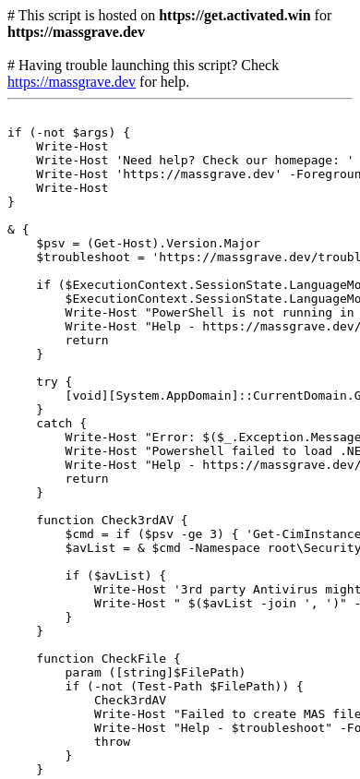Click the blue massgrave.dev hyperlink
click(x=71, y=82)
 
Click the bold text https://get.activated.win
click(x=234, y=16)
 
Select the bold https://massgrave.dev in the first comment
click(x=76, y=33)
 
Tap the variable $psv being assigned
click(x=51, y=244)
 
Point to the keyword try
click(x=47, y=382)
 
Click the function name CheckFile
click(x=134, y=659)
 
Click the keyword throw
click(x=113, y=742)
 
